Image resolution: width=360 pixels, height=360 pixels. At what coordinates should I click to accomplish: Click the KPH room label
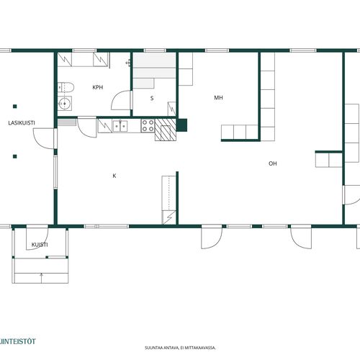click(x=98, y=87)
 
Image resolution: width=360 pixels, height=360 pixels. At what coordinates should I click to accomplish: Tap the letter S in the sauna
click(x=152, y=98)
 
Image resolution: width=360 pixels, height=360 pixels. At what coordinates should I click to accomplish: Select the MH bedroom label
click(x=218, y=97)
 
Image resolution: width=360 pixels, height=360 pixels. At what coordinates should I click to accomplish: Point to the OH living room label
click(x=273, y=163)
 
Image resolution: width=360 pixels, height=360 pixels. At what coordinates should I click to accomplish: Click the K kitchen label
click(x=114, y=176)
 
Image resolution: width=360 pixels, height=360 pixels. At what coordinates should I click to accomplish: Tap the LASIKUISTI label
click(x=22, y=123)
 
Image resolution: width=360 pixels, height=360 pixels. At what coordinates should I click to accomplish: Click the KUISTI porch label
click(x=40, y=245)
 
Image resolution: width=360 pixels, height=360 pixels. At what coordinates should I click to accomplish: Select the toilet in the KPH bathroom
click(x=66, y=87)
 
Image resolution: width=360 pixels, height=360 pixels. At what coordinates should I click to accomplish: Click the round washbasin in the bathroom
click(x=65, y=104)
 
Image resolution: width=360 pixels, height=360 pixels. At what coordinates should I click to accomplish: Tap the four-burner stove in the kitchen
click(x=148, y=126)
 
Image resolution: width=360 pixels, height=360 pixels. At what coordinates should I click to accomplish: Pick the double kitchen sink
click(x=120, y=126)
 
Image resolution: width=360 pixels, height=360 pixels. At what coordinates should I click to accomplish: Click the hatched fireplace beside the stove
click(x=166, y=130)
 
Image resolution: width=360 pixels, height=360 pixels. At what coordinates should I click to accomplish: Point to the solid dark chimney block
click(x=181, y=125)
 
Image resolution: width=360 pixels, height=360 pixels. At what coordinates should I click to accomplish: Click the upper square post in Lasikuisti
click(x=15, y=107)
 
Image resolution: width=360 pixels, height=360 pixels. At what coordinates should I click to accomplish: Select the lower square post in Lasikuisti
click(x=15, y=156)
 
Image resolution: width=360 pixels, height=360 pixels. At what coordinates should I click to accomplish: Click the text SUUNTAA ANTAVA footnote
click(x=180, y=348)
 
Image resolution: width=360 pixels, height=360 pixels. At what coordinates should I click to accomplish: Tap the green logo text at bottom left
click(x=17, y=341)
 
